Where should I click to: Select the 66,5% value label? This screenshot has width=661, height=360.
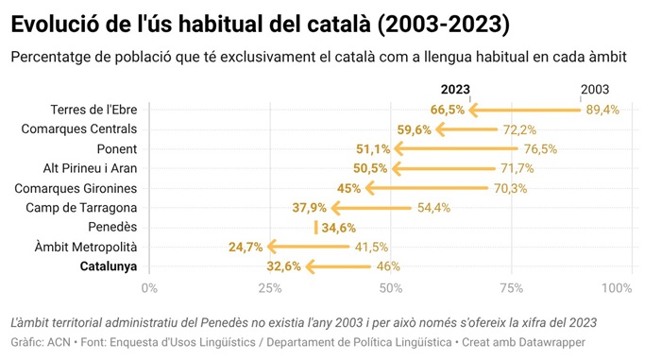448,110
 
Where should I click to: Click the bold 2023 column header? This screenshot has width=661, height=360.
456,90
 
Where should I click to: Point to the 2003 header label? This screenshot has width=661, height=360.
595,90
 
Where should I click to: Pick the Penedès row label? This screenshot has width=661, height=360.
112,228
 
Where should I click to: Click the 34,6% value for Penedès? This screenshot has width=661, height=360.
339,228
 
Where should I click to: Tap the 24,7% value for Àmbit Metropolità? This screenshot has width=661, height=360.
246,248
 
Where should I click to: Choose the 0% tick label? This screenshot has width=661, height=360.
149,287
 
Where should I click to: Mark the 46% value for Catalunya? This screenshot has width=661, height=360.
388,266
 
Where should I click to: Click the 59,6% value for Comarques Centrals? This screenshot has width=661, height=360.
414,129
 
